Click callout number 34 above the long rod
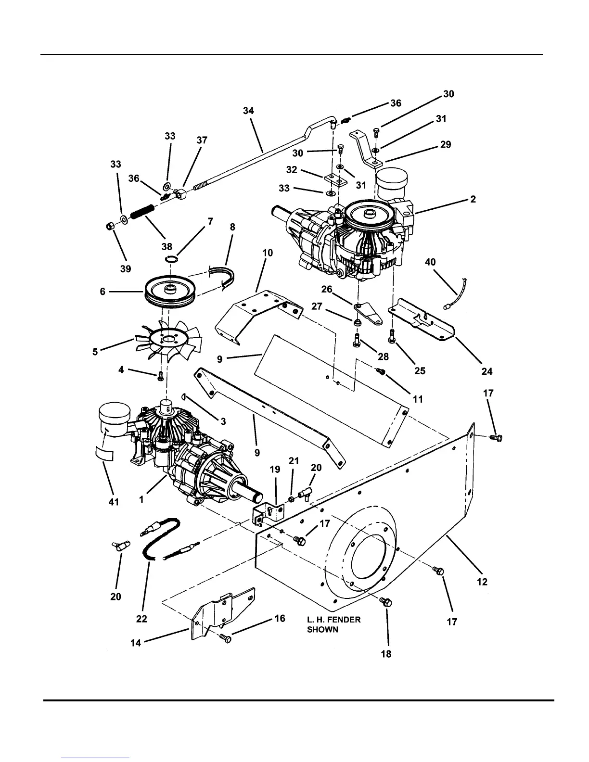click(248, 111)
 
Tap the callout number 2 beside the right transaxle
click(473, 199)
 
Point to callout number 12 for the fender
click(482, 582)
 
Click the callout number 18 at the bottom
click(386, 654)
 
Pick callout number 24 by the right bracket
click(487, 371)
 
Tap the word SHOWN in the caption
click(322, 630)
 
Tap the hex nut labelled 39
click(109, 227)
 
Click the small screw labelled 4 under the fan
click(160, 377)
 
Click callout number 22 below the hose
click(141, 619)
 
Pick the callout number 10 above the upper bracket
click(268, 253)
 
